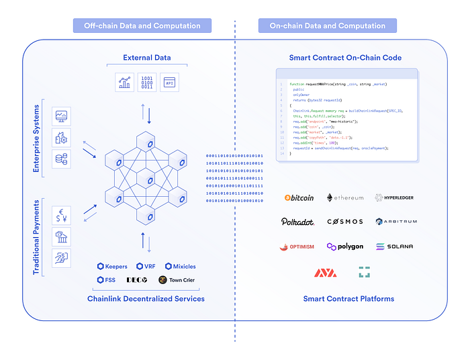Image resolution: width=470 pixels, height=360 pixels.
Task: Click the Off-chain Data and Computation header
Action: (142, 26)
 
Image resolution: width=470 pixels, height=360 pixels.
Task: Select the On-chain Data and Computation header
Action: (328, 26)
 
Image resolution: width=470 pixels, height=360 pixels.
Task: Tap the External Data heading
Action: (146, 58)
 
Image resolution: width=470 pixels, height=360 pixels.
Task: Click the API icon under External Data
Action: (171, 82)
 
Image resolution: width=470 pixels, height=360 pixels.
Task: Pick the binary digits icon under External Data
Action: (147, 82)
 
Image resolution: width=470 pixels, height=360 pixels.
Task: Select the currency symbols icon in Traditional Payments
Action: (61, 216)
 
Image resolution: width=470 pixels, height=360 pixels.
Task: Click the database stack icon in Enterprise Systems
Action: (61, 159)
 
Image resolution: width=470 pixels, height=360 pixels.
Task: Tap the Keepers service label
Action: (111, 267)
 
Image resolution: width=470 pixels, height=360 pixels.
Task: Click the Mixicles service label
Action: (180, 267)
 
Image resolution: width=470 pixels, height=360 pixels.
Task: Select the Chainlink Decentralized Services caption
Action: (146, 298)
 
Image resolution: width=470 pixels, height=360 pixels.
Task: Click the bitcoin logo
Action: (299, 198)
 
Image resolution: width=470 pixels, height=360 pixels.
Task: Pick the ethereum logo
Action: (345, 198)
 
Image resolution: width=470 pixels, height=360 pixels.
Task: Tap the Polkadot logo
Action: (298, 222)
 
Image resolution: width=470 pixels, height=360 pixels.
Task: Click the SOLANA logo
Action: (394, 246)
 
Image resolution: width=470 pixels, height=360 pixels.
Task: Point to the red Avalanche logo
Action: (326, 273)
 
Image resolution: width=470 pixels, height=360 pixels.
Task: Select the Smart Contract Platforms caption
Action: (348, 298)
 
